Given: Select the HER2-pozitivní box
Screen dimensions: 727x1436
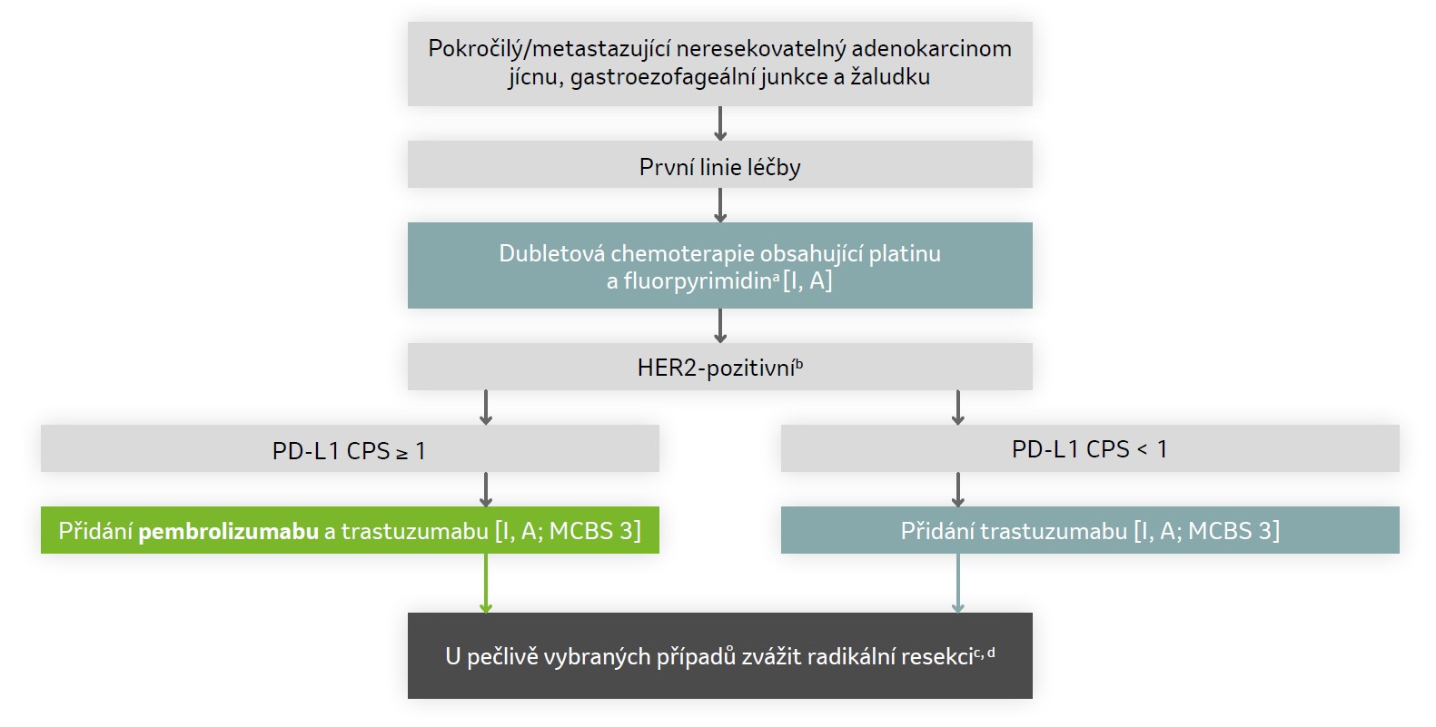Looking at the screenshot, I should point(719,368).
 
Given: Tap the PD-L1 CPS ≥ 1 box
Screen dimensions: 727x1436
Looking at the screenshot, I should point(350,449).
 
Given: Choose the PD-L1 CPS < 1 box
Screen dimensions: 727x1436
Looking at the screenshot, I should point(1089,449).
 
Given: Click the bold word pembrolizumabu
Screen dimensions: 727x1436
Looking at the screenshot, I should point(228,531).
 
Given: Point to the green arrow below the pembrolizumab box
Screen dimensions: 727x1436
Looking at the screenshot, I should point(486,583).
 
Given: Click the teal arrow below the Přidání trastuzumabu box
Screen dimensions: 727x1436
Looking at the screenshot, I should point(957,583).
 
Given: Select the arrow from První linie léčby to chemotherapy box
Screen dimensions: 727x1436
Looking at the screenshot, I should point(720,205).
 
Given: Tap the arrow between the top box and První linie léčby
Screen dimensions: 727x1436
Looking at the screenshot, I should point(720,123).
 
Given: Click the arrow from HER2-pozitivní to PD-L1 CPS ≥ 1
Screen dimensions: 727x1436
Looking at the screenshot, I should point(486,408).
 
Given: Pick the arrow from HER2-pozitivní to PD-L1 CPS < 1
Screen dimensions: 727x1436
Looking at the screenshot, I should point(957,408).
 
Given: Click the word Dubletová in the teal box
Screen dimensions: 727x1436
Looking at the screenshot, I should point(551,253).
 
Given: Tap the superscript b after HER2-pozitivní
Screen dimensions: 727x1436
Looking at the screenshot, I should point(799,364).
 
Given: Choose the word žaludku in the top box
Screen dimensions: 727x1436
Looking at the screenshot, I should point(890,77).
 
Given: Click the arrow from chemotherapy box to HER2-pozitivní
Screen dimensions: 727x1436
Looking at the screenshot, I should point(720,325).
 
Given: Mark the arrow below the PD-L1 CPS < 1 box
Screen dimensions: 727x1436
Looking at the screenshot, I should point(957,489).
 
